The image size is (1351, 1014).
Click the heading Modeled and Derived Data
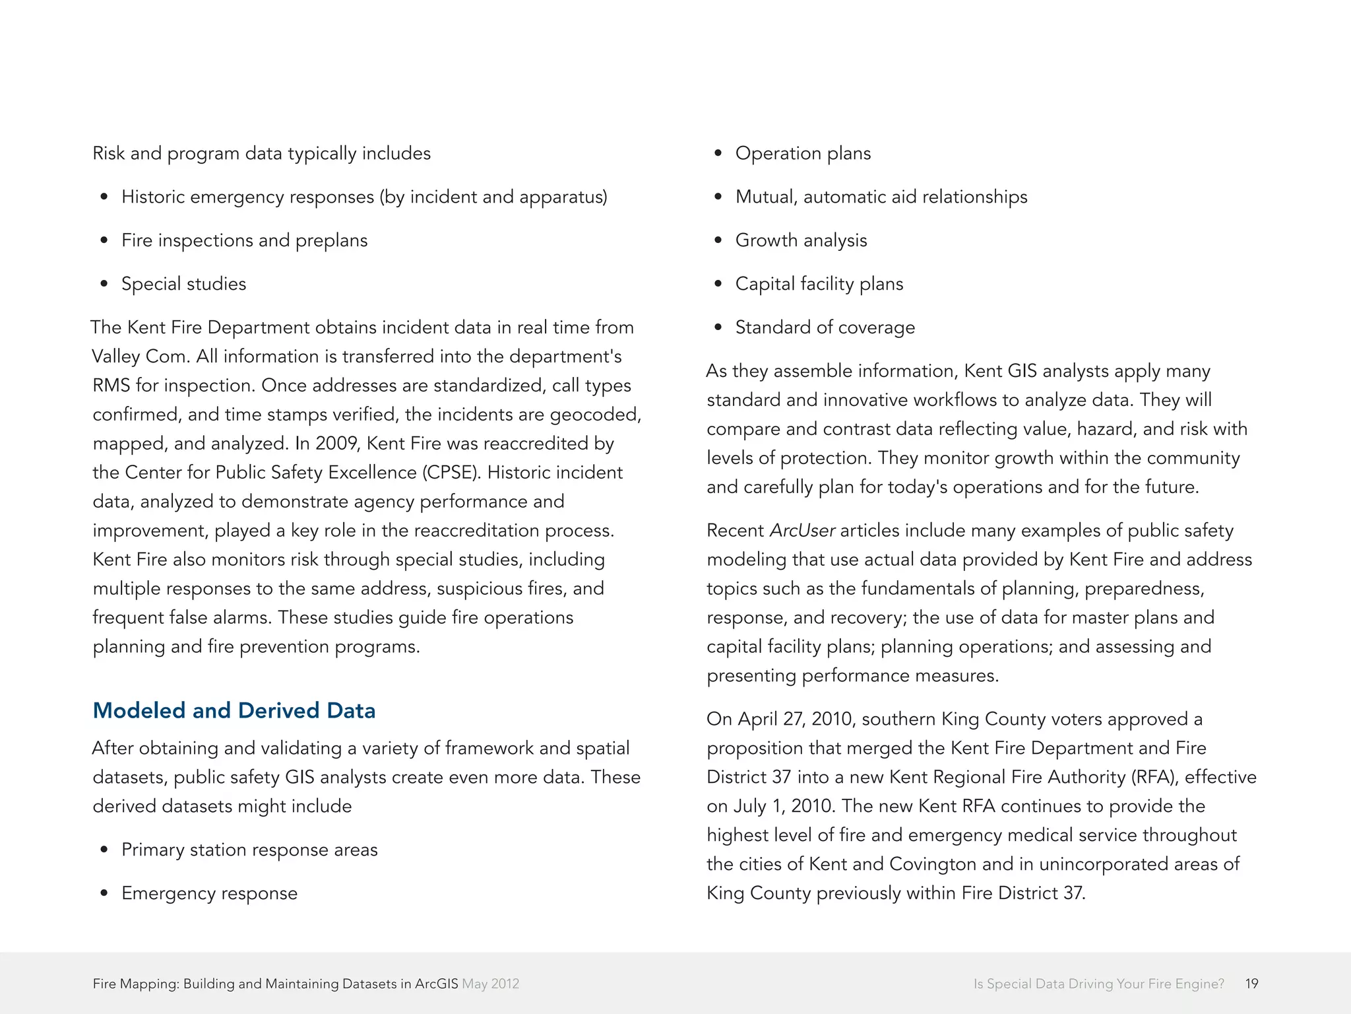(234, 710)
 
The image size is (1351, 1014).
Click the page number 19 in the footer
(1251, 984)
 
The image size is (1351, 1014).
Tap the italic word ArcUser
(802, 531)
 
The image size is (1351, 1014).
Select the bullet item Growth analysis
(801, 240)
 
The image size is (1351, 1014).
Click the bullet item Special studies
(183, 284)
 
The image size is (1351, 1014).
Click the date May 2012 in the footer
(491, 984)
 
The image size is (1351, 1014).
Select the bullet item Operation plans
(803, 153)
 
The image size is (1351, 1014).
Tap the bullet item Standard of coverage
(825, 327)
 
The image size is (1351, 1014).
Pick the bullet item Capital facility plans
(819, 284)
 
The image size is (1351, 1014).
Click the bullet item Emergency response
(209, 893)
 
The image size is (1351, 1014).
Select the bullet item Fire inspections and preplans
(244, 240)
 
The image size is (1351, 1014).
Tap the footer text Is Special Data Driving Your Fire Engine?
(1098, 984)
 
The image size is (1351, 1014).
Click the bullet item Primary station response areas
(249, 850)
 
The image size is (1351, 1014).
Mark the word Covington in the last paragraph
(932, 864)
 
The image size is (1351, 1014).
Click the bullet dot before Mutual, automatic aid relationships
(718, 197)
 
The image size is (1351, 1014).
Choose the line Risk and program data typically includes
(261, 153)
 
